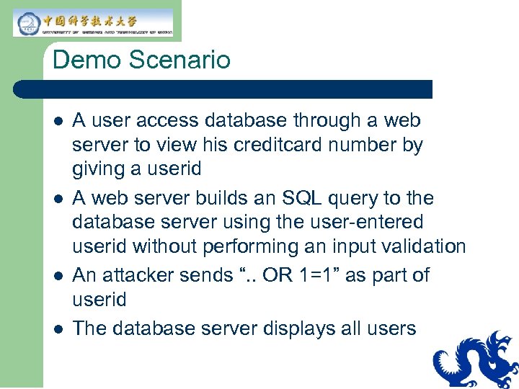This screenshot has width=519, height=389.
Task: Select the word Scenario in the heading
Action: [181, 60]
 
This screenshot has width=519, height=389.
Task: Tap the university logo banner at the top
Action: [94, 22]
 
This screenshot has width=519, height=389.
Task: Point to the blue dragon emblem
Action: [476, 360]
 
